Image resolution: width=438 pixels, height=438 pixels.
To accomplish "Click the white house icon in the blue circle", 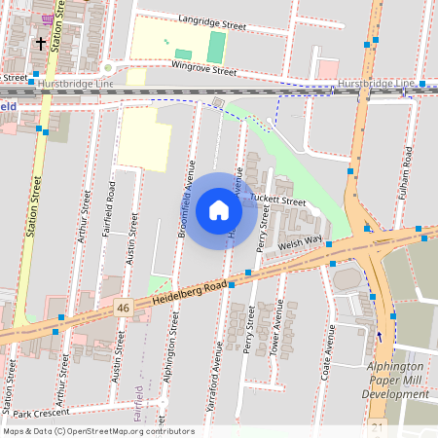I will tap(219, 210).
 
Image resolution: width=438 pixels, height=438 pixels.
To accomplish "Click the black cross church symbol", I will tap(41, 43).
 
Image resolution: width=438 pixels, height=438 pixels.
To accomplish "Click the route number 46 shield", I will tap(123, 308).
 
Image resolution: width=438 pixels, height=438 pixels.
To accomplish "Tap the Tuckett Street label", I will tap(278, 201).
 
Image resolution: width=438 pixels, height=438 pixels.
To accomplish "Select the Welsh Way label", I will tap(299, 241).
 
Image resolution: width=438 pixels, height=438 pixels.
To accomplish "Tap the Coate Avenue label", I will tap(330, 351).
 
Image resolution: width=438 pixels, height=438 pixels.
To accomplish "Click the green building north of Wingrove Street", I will tap(216, 45).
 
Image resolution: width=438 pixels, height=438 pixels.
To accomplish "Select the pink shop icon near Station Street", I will tap(48, 18).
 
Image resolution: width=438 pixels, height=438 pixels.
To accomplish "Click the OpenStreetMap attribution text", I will tap(98, 430).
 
